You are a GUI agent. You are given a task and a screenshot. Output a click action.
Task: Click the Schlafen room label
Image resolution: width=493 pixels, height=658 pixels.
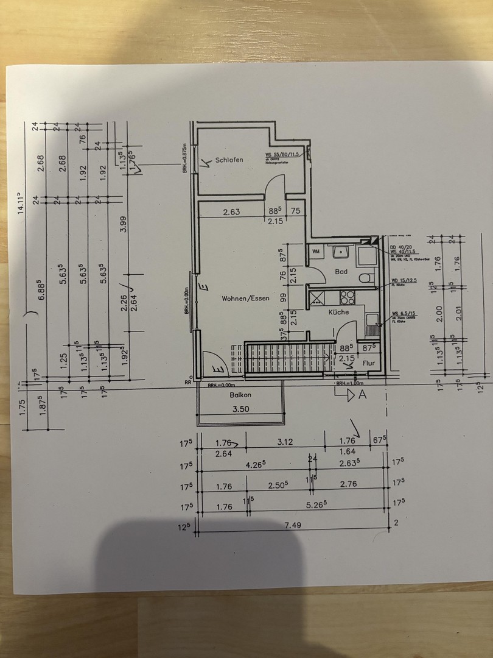coord(229,160)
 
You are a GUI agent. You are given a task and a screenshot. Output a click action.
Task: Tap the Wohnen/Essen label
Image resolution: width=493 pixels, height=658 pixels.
coord(245,298)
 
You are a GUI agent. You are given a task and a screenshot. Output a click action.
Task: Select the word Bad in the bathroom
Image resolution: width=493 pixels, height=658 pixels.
coord(341,272)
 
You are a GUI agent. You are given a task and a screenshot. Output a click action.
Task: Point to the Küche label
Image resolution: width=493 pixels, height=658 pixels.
coord(338,312)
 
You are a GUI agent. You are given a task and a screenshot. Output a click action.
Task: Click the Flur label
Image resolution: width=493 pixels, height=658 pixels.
coord(369,363)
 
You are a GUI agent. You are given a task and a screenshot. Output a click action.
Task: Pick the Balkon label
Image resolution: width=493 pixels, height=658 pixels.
coord(240,395)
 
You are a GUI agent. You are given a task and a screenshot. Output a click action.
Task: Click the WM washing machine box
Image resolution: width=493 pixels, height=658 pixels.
coord(316,251)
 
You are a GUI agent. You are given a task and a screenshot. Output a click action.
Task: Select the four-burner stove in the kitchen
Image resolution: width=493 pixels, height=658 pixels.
coord(347,298)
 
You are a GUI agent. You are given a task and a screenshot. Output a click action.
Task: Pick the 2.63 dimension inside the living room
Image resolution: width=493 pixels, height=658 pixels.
coord(229,213)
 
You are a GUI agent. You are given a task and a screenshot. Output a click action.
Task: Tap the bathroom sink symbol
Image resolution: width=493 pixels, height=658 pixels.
coord(338,250)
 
